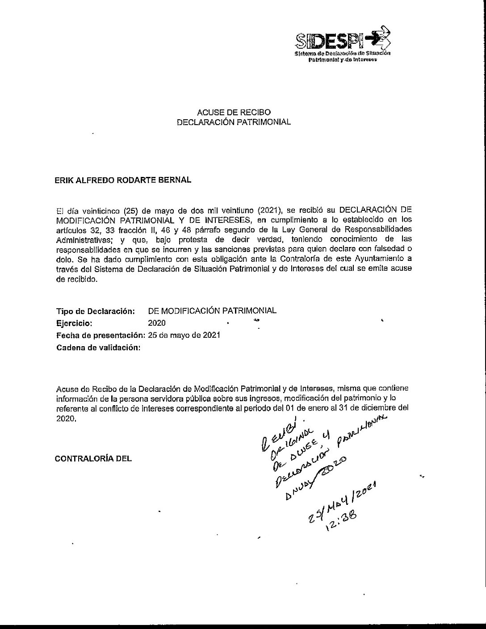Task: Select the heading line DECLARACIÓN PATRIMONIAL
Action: (234, 122)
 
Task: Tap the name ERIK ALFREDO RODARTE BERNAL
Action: (122, 180)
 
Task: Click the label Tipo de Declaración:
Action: (95, 311)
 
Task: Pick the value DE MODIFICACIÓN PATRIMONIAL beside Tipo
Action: (212, 310)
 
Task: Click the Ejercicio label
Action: (74, 323)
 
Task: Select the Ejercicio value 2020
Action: (156, 323)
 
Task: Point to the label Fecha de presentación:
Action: (101, 335)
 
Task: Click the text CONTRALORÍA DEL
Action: (93, 458)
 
